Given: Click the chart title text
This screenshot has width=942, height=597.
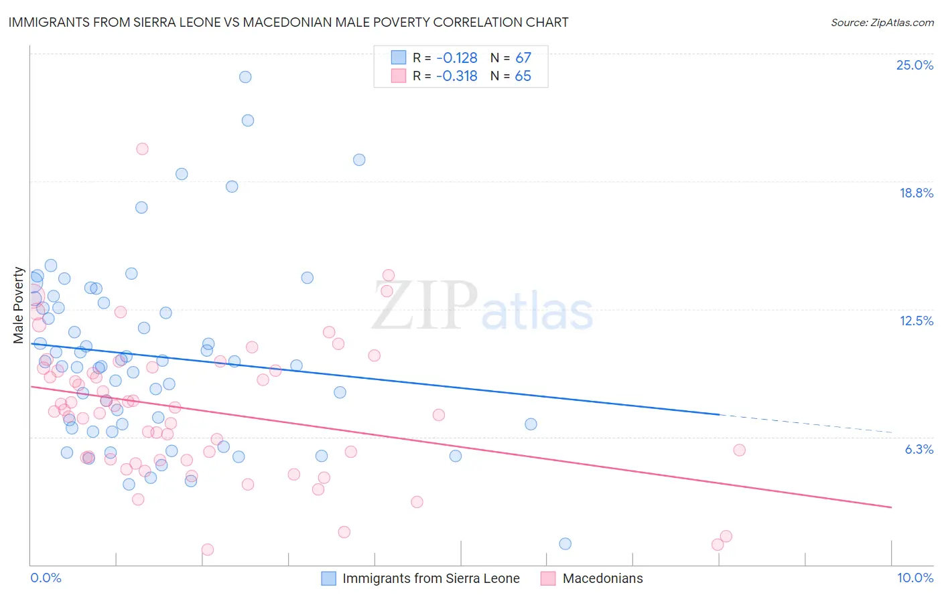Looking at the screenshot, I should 288,22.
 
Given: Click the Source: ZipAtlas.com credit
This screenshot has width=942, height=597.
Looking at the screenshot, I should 882,22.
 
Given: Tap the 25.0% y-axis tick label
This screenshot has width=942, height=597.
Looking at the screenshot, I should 915,65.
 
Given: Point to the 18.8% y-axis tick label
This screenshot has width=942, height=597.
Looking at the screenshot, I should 916,193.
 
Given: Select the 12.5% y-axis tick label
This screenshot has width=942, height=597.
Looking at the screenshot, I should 916,321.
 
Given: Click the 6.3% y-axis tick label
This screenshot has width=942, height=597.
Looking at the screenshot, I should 919,449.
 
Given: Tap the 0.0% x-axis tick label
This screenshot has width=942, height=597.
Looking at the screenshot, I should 46,578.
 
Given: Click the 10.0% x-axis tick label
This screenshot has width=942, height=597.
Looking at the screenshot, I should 915,578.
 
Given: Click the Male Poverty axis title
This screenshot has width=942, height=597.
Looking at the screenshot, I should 19,305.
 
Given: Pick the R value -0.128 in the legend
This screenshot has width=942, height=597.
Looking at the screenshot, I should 457,58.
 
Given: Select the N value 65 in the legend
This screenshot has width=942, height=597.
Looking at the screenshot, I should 523,76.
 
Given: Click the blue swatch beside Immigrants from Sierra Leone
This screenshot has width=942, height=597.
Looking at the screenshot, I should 328,578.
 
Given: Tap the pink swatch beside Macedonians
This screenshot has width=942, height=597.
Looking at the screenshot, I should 548,578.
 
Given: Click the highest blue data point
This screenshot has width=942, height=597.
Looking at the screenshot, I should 245,77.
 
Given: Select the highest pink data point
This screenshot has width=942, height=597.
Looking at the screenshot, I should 142,149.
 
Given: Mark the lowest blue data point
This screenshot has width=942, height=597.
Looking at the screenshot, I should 565,543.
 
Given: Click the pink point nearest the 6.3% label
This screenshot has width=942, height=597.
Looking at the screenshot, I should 739,450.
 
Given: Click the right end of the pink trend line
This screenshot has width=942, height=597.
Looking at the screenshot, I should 891,507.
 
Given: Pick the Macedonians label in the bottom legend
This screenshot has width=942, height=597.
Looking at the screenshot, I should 602,578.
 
